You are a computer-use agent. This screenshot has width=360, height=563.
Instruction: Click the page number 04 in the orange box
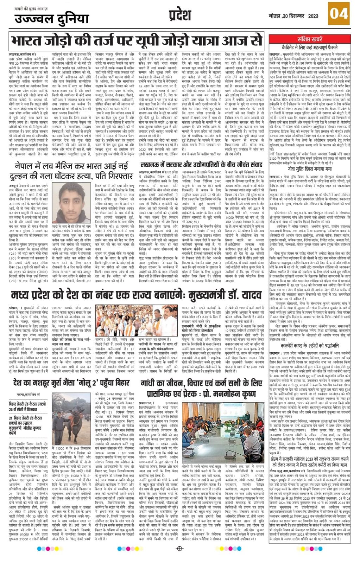tap(339, 14)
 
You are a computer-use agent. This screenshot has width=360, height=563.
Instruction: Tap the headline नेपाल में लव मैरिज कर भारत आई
tap(71, 170)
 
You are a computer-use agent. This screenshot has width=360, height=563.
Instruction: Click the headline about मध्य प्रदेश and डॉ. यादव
tap(136, 295)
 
